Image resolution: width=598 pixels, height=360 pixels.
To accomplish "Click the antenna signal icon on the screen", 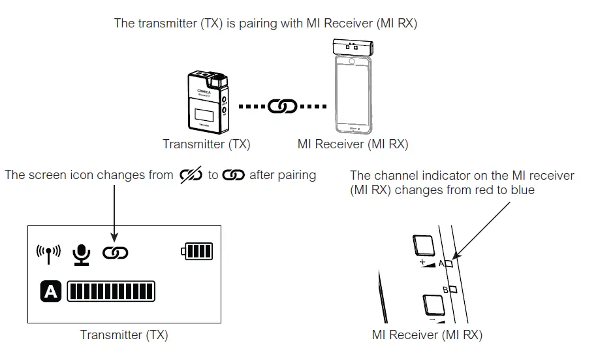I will pyautogui.click(x=49, y=252).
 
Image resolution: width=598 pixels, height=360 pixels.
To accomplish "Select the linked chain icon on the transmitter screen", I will pyautogui.click(x=115, y=253).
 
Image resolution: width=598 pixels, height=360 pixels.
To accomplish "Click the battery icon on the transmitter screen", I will pyautogui.click(x=197, y=252).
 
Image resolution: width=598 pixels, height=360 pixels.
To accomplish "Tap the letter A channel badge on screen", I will pyautogui.click(x=51, y=291).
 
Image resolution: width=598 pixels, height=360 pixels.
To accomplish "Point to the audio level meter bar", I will pyautogui.click(x=111, y=291).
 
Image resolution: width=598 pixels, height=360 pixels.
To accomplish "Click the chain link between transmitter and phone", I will pyautogui.click(x=282, y=106).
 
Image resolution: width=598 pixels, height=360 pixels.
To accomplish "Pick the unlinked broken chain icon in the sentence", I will pyautogui.click(x=191, y=176).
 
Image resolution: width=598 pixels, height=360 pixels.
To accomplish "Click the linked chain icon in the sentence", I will pyautogui.click(x=234, y=176).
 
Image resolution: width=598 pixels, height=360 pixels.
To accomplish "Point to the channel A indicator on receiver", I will pyautogui.click(x=450, y=264).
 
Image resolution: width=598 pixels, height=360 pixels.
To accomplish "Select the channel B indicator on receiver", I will pyautogui.click(x=452, y=288).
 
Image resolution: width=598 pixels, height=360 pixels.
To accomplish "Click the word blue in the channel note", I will pyautogui.click(x=523, y=190).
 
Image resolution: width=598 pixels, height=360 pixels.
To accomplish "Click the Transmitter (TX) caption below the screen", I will pyautogui.click(x=124, y=335).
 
